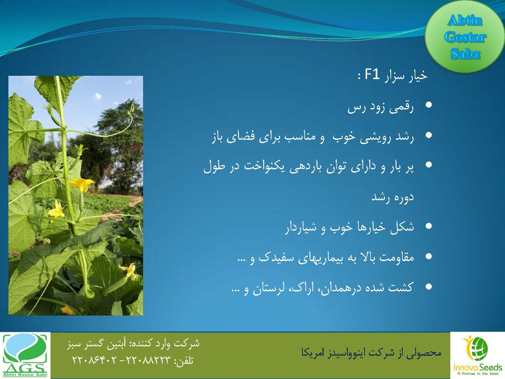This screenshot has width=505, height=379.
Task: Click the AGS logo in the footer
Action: pos(25,355)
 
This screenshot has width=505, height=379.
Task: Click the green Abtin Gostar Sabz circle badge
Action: pos(465,36)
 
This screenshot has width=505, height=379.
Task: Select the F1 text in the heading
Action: pos(372,75)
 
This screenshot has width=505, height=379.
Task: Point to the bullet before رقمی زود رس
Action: pos(429,105)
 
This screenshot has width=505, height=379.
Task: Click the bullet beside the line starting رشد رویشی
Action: pos(429,135)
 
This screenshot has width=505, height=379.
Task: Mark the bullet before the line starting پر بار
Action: pos(429,165)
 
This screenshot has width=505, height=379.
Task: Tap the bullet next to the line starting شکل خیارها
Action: pos(429,226)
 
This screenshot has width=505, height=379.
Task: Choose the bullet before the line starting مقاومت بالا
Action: pos(429,256)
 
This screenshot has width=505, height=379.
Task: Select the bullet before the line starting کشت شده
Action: pos(429,286)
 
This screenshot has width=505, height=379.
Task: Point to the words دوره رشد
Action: pos(392,197)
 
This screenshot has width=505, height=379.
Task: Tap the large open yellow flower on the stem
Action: pos(82,184)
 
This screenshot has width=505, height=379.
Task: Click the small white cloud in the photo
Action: pos(98,96)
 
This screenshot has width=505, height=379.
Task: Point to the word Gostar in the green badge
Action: pos(465,37)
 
